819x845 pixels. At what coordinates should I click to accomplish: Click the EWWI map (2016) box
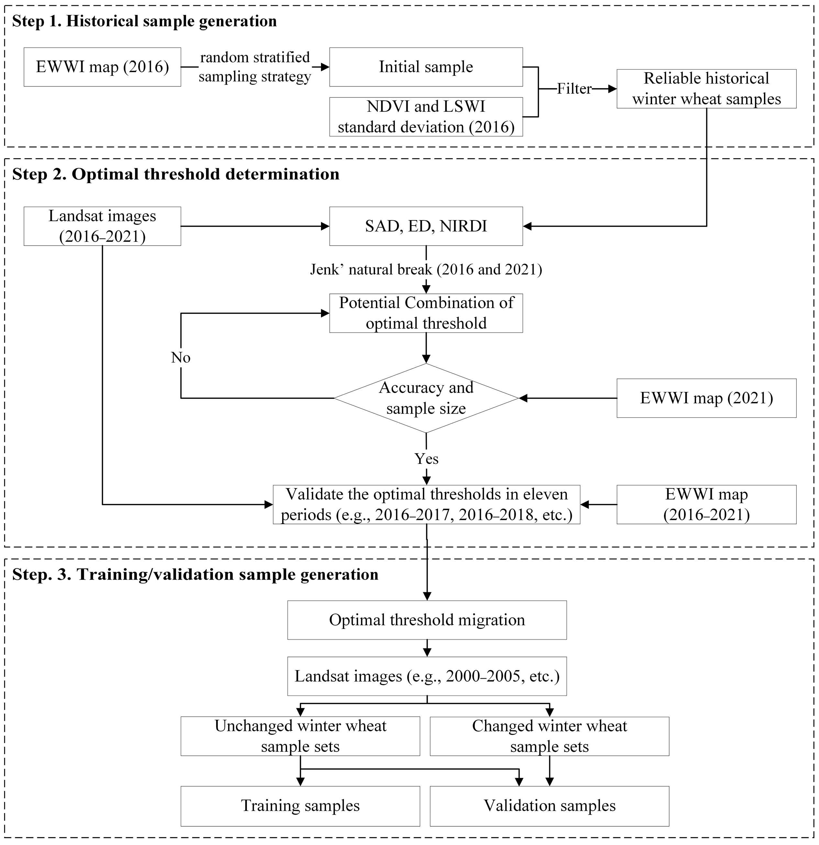click(102, 67)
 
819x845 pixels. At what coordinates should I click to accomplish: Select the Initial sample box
click(426, 67)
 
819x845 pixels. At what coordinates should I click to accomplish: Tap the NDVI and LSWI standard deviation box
click(426, 117)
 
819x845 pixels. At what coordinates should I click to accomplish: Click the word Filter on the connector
click(574, 89)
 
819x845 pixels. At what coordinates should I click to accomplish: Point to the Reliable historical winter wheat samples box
click(706, 88)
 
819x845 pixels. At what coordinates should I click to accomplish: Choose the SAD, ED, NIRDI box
click(426, 226)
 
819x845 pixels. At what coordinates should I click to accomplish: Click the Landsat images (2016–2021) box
click(102, 226)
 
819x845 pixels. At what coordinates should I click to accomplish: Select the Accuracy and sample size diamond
click(426, 398)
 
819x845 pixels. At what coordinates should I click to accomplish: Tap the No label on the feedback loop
click(180, 357)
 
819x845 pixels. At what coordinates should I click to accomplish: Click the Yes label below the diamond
click(426, 459)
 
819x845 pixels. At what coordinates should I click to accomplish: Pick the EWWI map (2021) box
click(706, 398)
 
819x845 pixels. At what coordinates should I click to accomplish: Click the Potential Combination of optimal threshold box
click(426, 313)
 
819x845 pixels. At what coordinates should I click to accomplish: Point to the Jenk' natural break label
click(426, 270)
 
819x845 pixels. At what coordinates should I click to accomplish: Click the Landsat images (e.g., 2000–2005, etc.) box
click(427, 676)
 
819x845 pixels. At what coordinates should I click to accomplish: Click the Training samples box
click(300, 806)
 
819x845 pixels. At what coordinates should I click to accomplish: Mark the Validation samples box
click(549, 806)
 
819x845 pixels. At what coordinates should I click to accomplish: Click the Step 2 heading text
click(175, 174)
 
